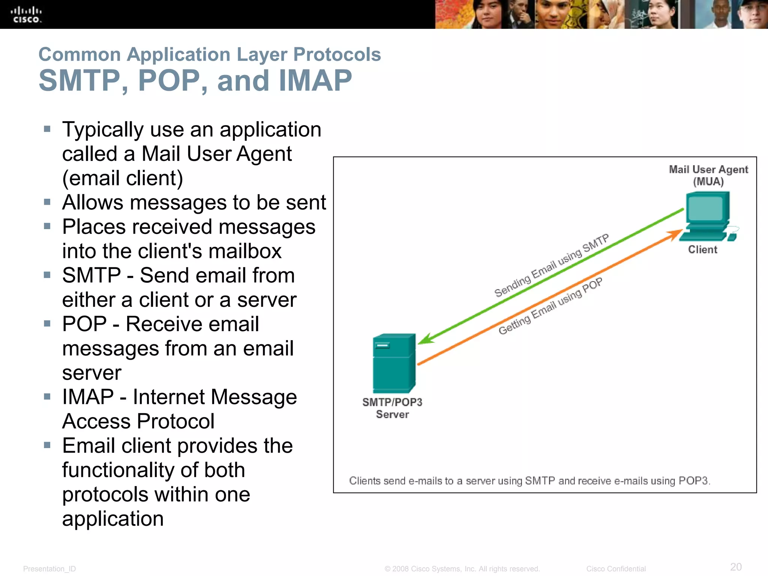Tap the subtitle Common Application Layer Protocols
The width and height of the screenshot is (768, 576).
210,54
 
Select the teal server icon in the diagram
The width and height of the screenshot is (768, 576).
394,363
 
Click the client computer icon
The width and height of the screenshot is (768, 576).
707,216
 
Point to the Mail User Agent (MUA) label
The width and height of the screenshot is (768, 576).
708,175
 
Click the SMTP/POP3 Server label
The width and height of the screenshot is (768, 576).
392,408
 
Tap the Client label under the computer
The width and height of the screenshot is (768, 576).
702,250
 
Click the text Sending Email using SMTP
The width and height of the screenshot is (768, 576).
551,265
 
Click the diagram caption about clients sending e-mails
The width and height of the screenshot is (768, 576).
529,481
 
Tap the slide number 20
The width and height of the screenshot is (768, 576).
736,567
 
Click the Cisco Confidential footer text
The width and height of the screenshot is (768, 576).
616,569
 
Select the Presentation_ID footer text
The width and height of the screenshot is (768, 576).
49,569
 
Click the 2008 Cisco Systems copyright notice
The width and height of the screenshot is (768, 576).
462,569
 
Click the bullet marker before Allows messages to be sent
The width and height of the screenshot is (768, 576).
47,202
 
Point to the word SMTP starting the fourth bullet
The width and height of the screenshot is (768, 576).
91,276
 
